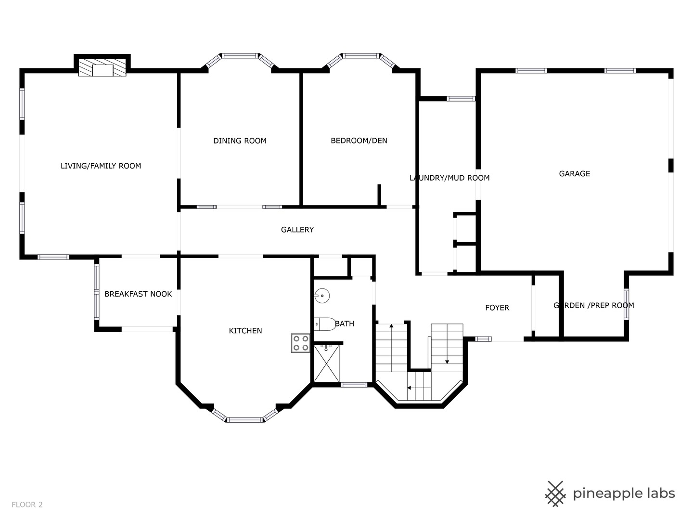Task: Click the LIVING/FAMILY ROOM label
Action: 101,166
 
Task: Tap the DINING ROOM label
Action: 240,141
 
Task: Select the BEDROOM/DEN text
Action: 359,141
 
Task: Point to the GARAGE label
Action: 575,174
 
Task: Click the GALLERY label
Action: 297,230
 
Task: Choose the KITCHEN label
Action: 245,331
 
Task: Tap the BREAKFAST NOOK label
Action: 138,294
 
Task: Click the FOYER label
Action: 497,308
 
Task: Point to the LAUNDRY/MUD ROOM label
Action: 449,178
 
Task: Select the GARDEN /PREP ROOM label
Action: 594,306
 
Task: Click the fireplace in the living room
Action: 103,67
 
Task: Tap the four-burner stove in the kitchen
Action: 301,343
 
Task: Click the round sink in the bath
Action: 322,296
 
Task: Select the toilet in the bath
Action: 325,324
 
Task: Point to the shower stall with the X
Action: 326,364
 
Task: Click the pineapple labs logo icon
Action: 555,494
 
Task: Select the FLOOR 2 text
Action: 27,505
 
